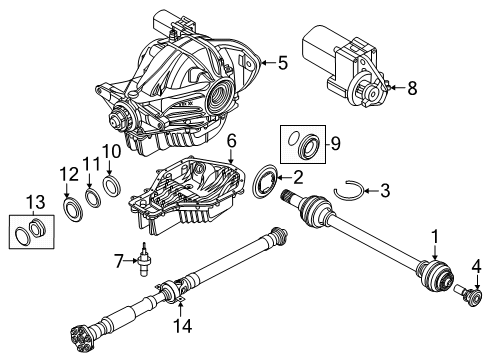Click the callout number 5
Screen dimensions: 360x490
(x=283, y=63)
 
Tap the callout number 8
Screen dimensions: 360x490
(x=412, y=88)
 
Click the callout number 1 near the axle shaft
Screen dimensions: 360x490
(x=434, y=236)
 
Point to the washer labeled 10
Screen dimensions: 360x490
(x=113, y=186)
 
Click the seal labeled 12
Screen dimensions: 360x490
(x=71, y=209)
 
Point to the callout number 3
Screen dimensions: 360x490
(x=385, y=189)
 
